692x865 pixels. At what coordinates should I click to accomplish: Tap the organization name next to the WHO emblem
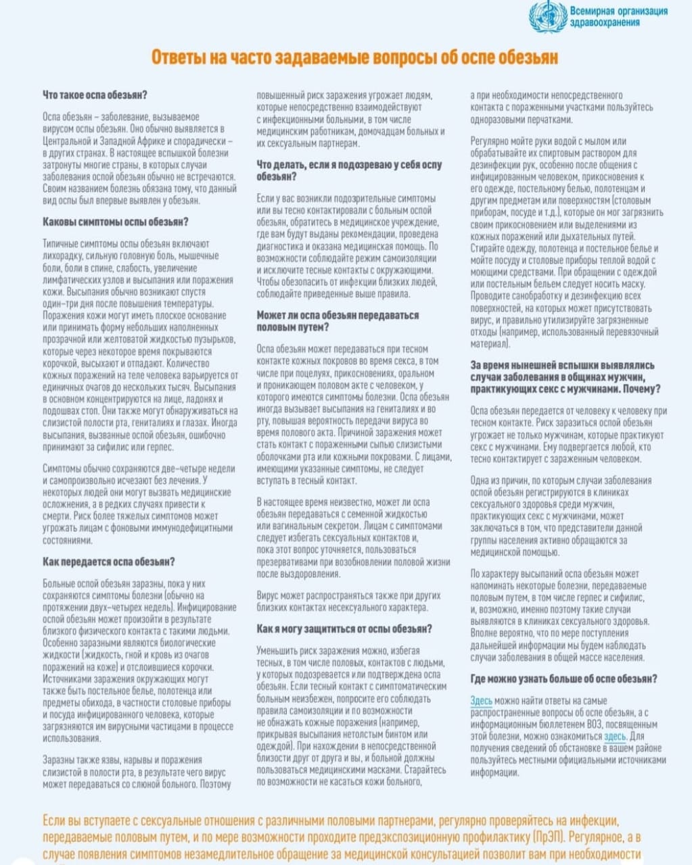[618, 17]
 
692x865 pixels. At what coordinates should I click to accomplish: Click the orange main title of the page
[354, 57]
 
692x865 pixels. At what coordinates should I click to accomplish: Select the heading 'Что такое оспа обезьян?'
[95, 95]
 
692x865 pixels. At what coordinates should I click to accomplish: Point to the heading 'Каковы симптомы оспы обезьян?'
[116, 222]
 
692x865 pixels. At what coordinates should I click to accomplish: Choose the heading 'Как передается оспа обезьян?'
[109, 562]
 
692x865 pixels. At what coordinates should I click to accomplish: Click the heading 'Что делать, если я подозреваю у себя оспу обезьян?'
[349, 170]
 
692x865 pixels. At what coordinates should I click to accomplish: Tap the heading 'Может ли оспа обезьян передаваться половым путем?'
[338, 321]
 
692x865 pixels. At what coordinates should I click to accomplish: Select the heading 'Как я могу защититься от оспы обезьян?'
[344, 628]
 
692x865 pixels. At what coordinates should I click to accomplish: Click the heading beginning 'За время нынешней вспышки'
[566, 377]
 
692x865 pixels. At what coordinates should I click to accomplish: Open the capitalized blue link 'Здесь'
[481, 701]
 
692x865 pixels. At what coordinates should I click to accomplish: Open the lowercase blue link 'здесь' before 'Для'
[615, 737]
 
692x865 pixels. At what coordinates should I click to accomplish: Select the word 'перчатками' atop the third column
[550, 120]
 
